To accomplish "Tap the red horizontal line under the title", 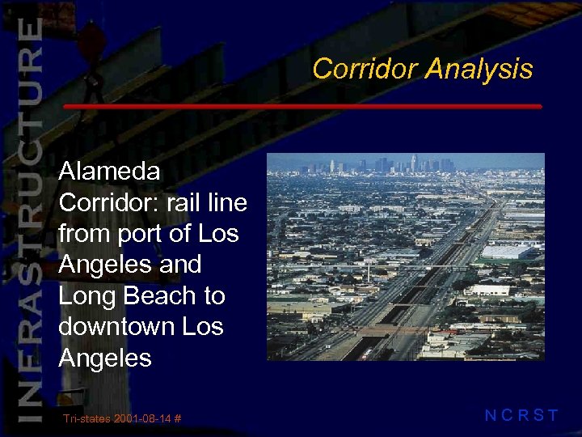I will pyautogui.click(x=302, y=107).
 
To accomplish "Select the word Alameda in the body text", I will pyautogui.click(x=109, y=171).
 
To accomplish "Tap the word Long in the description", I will pyautogui.click(x=88, y=296).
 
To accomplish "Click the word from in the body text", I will pyautogui.click(x=86, y=234).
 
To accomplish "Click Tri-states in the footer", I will pyautogui.click(x=86, y=418).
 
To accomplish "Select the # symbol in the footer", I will pyautogui.click(x=176, y=418).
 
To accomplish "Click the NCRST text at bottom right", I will pyautogui.click(x=521, y=416).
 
